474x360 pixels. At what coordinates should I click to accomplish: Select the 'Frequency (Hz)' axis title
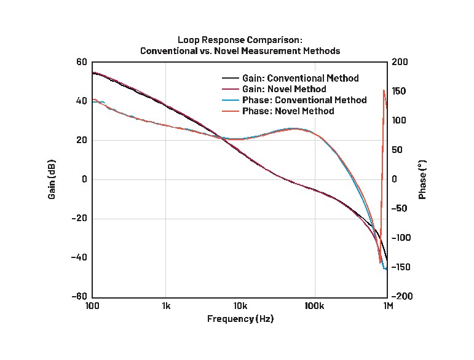(x=240, y=319)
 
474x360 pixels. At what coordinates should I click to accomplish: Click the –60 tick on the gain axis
(x=81, y=297)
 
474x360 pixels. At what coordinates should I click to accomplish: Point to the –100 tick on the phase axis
(x=401, y=238)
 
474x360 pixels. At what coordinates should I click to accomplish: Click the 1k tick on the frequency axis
(x=166, y=306)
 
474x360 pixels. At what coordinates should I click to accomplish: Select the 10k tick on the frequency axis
(x=240, y=306)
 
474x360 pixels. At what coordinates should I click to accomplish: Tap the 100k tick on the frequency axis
(x=314, y=306)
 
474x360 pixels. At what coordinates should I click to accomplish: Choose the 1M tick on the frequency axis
(x=388, y=306)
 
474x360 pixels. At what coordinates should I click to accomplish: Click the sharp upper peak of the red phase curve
(x=384, y=90)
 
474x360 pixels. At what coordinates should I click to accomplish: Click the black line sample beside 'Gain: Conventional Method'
(x=230, y=79)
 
